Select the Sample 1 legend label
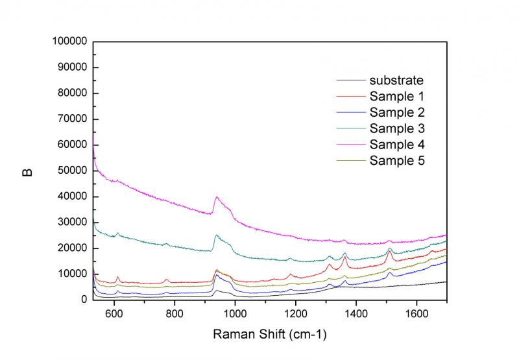[397, 97]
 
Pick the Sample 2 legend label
[397, 112]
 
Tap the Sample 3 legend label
[397, 128]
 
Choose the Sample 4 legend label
[397, 143]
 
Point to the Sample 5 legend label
[397, 160]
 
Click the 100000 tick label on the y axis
[69, 42]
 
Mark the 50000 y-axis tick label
[71, 171]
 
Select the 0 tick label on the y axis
[84, 300]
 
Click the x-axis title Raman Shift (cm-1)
[270, 335]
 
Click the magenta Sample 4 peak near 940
[217, 197]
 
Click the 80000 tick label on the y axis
[71, 93]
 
